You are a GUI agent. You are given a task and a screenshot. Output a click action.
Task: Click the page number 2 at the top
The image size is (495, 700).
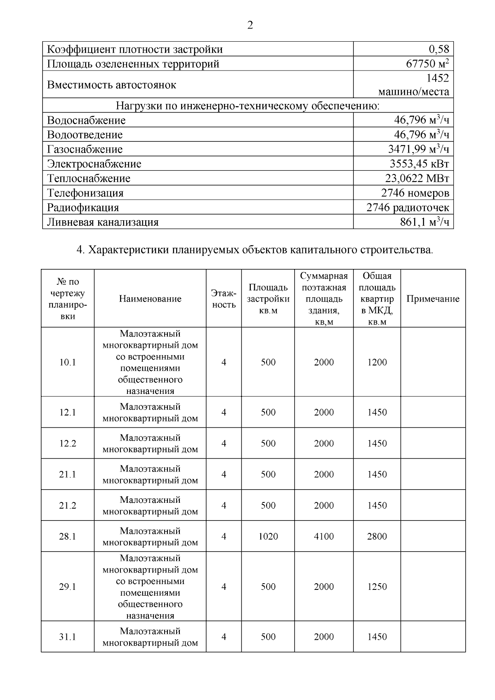coord(250,26)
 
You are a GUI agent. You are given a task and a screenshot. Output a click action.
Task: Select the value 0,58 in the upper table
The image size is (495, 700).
coord(439,49)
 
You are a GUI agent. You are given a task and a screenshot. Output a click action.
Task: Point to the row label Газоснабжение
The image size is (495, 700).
coord(85,149)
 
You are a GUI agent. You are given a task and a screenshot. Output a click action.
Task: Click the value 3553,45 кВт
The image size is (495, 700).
coord(419,164)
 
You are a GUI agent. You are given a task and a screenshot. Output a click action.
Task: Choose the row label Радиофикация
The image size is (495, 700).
coord(83,207)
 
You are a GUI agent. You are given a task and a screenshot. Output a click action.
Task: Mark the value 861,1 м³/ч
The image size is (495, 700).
coord(424,222)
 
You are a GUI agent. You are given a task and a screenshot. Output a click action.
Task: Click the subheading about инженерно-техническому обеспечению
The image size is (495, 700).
coord(247,106)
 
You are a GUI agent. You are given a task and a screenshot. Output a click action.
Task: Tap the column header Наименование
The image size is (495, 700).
coord(150,299)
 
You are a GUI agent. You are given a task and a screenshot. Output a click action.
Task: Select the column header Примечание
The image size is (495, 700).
coord(433,299)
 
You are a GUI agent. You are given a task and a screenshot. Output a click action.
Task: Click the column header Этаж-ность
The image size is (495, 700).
coord(224,299)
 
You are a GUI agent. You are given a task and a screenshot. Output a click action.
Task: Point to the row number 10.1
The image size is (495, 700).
coord(68,362)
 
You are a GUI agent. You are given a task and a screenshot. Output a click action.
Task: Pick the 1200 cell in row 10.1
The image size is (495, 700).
coord(377,362)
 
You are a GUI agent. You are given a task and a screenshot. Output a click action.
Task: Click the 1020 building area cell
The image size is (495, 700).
coord(268,536)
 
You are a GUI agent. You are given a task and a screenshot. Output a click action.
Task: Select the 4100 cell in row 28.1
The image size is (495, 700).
coord(324,536)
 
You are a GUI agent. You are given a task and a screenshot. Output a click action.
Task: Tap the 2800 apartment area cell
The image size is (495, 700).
coord(377,536)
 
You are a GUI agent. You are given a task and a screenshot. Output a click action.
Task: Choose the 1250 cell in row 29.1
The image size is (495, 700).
coord(377,587)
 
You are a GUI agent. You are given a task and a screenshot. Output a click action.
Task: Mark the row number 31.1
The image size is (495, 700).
coord(68,637)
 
